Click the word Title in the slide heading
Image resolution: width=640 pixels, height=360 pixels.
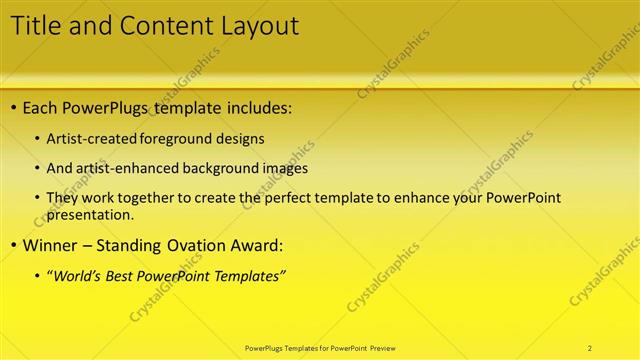[x=34, y=26]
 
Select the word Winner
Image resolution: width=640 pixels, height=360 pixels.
[x=51, y=245]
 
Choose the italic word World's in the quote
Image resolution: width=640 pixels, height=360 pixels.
[x=81, y=276]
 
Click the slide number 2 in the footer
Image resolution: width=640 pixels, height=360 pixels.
[x=590, y=348]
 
